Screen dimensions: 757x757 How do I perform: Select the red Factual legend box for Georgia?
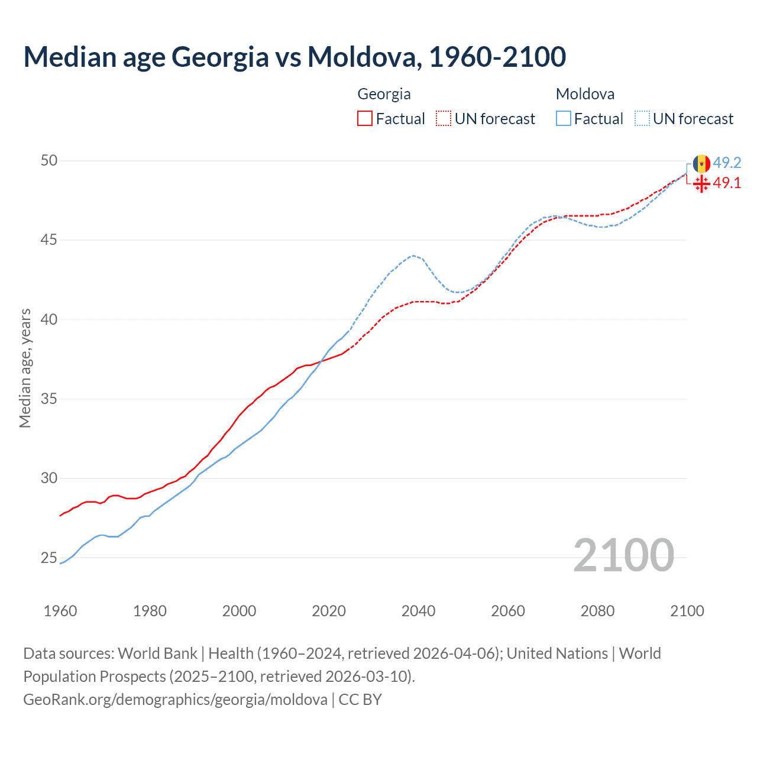(x=365, y=118)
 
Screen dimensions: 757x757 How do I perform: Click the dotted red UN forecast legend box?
(x=444, y=118)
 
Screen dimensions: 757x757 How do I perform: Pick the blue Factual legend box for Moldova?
(x=564, y=118)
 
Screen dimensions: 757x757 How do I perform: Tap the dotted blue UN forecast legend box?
(x=642, y=118)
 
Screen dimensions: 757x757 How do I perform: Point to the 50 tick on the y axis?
(x=49, y=161)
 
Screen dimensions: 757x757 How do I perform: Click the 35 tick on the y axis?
(x=49, y=399)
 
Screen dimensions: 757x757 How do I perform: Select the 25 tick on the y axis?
(x=49, y=558)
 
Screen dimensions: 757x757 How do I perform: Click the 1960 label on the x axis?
(x=60, y=611)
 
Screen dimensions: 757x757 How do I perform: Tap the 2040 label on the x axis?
(x=418, y=611)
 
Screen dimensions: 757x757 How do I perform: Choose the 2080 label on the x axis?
(x=597, y=611)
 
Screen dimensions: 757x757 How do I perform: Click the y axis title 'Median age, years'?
(x=25, y=368)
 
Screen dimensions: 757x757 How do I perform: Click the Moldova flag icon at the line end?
(x=701, y=164)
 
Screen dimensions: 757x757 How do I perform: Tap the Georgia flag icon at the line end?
(x=701, y=183)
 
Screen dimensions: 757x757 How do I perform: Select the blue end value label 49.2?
(x=727, y=163)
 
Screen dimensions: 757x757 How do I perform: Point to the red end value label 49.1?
(x=727, y=183)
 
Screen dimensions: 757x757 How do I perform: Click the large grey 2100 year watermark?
(x=623, y=555)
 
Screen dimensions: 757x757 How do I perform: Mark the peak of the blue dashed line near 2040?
(x=413, y=255)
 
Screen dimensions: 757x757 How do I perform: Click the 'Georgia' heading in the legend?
(x=384, y=94)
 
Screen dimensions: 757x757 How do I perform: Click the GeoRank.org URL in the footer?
(x=175, y=699)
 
